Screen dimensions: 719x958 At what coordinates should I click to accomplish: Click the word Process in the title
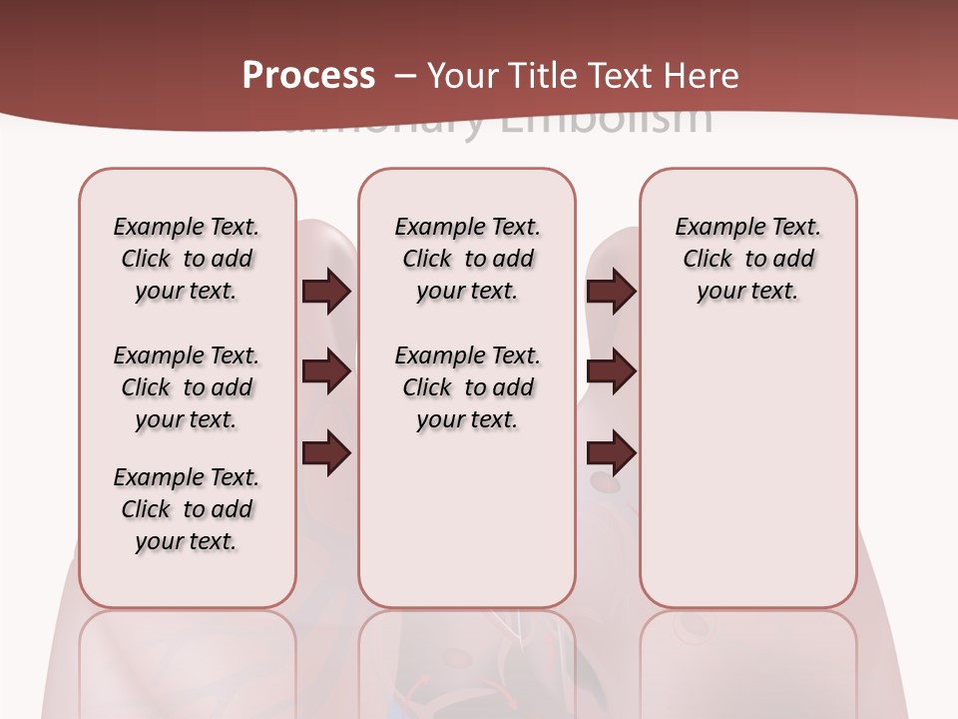[308, 76]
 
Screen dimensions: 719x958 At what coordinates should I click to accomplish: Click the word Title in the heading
[546, 76]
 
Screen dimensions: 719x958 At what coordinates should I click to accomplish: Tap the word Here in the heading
[701, 76]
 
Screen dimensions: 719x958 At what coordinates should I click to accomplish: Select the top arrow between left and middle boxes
[326, 291]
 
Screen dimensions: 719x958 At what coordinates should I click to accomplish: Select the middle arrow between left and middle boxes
[326, 372]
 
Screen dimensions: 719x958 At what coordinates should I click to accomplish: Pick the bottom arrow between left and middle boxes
[326, 453]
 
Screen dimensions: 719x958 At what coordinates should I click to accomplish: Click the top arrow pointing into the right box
[611, 291]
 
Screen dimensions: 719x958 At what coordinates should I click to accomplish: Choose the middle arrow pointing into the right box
[611, 372]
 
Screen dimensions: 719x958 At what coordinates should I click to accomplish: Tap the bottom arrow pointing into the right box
[611, 453]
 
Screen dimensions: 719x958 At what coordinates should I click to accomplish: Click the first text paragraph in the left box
[187, 259]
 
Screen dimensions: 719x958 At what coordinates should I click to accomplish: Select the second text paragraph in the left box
[187, 387]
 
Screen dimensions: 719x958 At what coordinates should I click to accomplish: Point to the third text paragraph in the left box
[187, 509]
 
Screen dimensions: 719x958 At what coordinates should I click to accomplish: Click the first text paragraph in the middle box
[467, 259]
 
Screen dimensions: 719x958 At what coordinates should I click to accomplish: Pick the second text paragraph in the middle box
[467, 387]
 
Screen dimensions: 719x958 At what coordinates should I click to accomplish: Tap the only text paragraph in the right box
[747, 259]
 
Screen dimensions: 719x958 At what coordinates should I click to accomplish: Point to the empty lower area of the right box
[747, 479]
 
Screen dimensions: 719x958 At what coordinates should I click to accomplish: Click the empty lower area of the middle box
[467, 519]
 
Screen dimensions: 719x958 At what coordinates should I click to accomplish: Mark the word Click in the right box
[708, 259]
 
